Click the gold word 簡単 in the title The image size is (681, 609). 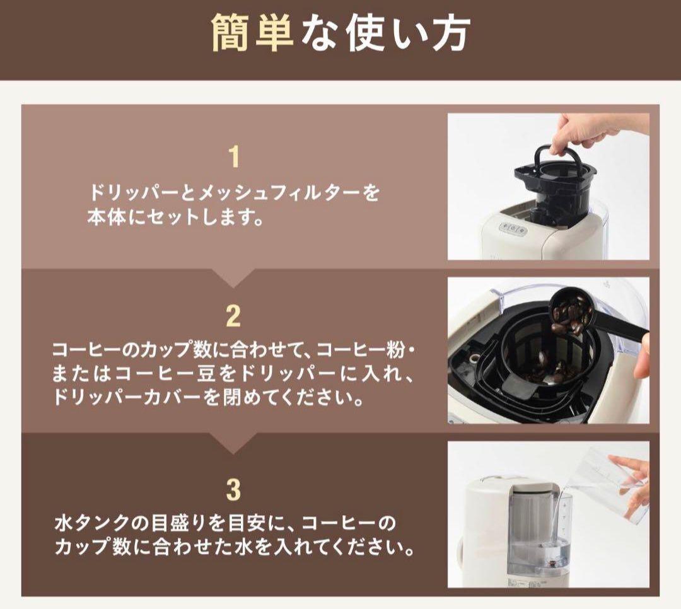click(x=252, y=33)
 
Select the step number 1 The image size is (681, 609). click(x=234, y=157)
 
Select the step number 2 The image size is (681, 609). click(x=234, y=316)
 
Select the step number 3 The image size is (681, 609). click(x=234, y=490)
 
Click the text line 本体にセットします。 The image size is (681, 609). click(x=175, y=218)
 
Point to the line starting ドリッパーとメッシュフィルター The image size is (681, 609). click(x=234, y=192)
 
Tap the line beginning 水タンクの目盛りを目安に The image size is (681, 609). click(x=225, y=523)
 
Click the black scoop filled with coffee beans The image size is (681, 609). click(x=577, y=318)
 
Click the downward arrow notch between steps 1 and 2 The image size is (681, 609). click(x=234, y=277)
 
